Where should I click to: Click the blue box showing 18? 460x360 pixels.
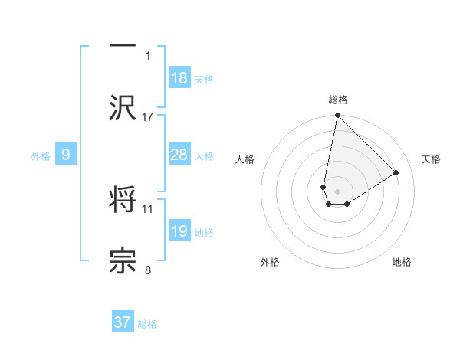(179, 78)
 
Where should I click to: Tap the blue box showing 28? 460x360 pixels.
(179, 155)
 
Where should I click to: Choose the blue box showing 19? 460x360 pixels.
(179, 231)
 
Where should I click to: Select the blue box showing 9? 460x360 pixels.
(66, 155)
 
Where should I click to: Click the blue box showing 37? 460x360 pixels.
(123, 322)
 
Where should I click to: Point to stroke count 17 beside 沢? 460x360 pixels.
(148, 116)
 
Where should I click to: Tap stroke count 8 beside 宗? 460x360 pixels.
(148, 270)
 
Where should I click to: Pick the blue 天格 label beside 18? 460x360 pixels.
(204, 79)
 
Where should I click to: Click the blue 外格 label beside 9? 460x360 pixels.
(41, 156)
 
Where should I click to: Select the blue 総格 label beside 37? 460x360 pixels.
(147, 324)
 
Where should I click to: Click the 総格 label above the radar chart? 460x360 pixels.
(338, 100)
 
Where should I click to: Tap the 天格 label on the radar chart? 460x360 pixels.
(431, 159)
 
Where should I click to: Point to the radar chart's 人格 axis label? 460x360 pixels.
(245, 159)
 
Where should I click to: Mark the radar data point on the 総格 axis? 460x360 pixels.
(337, 116)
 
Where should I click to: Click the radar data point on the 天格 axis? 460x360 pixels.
(396, 173)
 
